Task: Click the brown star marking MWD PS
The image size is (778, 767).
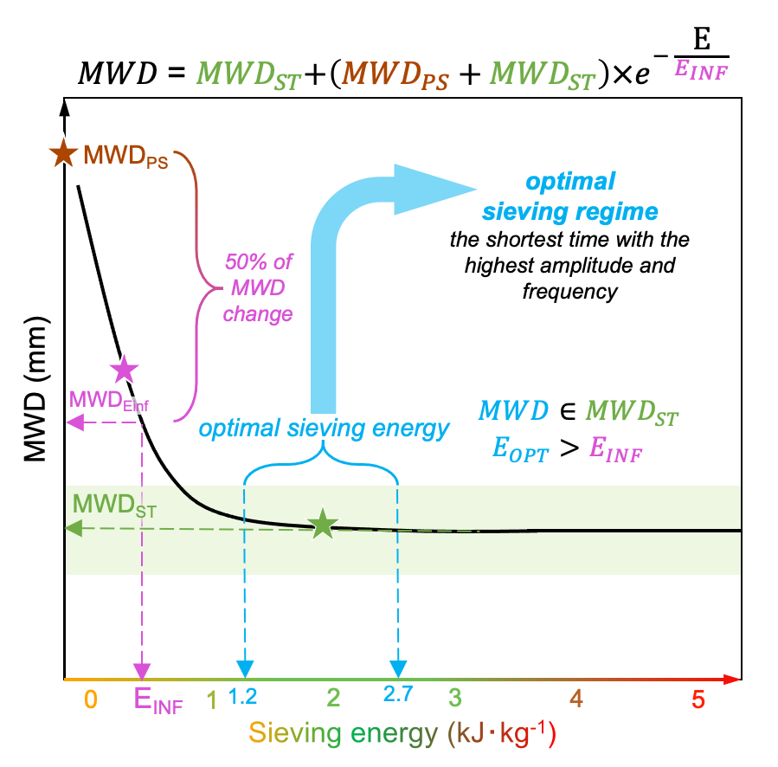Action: (62, 154)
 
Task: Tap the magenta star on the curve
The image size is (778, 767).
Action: (125, 370)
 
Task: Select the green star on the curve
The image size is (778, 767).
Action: (322, 524)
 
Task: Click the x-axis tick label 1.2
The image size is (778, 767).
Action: (245, 693)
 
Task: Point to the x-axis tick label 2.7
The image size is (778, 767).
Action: (397, 693)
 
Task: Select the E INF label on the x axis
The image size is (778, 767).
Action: (158, 699)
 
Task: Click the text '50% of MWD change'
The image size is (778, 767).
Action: (257, 286)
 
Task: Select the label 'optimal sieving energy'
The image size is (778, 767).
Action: (325, 428)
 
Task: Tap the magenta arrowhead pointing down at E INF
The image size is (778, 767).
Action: (141, 669)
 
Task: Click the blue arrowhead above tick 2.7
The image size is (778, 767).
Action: (397, 668)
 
